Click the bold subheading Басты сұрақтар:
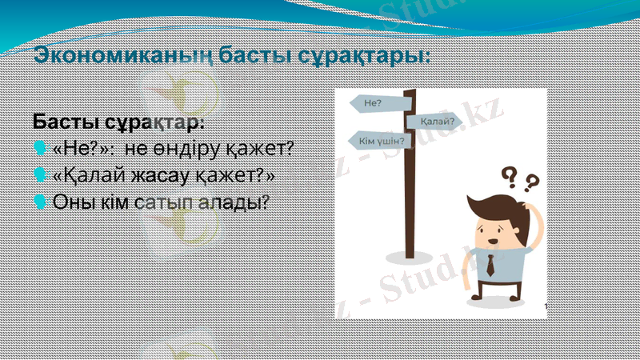pyautogui.click(x=118, y=123)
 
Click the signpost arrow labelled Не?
pyautogui.click(x=376, y=103)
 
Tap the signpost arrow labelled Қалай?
pyautogui.click(x=436, y=122)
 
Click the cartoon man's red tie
pyautogui.click(x=490, y=265)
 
